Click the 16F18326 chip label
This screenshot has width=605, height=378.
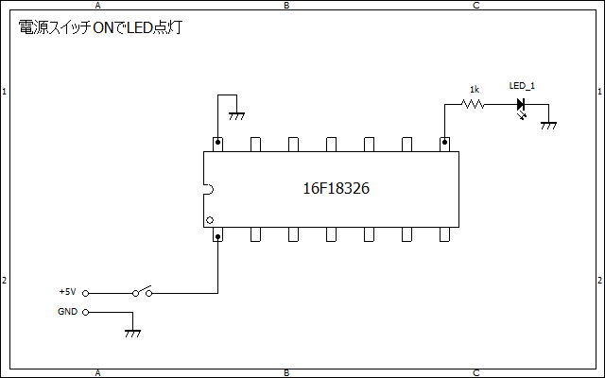[337, 188]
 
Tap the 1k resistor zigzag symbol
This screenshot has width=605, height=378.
[473, 104]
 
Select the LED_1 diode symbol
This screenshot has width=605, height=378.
[521, 104]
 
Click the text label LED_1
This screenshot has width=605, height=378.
[522, 86]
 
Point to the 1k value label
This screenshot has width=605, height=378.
[475, 90]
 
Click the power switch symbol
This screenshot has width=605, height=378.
[143, 291]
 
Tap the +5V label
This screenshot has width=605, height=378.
[67, 292]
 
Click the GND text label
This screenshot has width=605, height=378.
[67, 312]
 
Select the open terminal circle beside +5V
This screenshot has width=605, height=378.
[86, 294]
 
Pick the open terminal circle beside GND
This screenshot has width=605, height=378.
[86, 313]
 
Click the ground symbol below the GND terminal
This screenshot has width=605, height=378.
[132, 334]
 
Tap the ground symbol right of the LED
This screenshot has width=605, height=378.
[548, 126]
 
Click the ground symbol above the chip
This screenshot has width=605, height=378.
[236, 116]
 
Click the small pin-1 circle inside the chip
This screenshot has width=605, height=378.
[210, 220]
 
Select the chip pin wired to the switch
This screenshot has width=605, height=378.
[218, 234]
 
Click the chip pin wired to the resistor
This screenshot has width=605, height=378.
[445, 145]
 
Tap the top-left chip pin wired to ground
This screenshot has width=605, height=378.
[218, 145]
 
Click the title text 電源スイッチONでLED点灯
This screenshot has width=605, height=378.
[100, 27]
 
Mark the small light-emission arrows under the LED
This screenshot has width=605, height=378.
[523, 115]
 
